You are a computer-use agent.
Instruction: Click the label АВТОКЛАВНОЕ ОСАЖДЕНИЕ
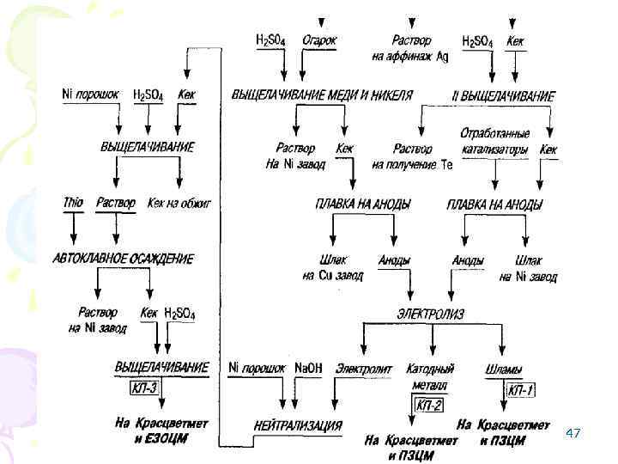(124, 259)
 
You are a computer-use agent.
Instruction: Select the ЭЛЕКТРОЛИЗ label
(431, 314)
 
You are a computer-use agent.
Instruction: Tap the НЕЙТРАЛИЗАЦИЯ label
(299, 425)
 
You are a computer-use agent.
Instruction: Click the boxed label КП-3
(146, 388)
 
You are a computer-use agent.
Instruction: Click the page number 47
(574, 434)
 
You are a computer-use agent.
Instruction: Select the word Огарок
(320, 40)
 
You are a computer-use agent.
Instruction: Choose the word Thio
(73, 203)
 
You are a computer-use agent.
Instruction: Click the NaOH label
(308, 368)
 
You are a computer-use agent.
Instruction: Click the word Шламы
(504, 369)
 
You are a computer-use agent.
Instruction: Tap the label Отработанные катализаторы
(494, 142)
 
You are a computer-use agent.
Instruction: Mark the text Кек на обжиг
(179, 203)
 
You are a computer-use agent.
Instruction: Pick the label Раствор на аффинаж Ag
(410, 48)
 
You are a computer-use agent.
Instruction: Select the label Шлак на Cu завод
(332, 268)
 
